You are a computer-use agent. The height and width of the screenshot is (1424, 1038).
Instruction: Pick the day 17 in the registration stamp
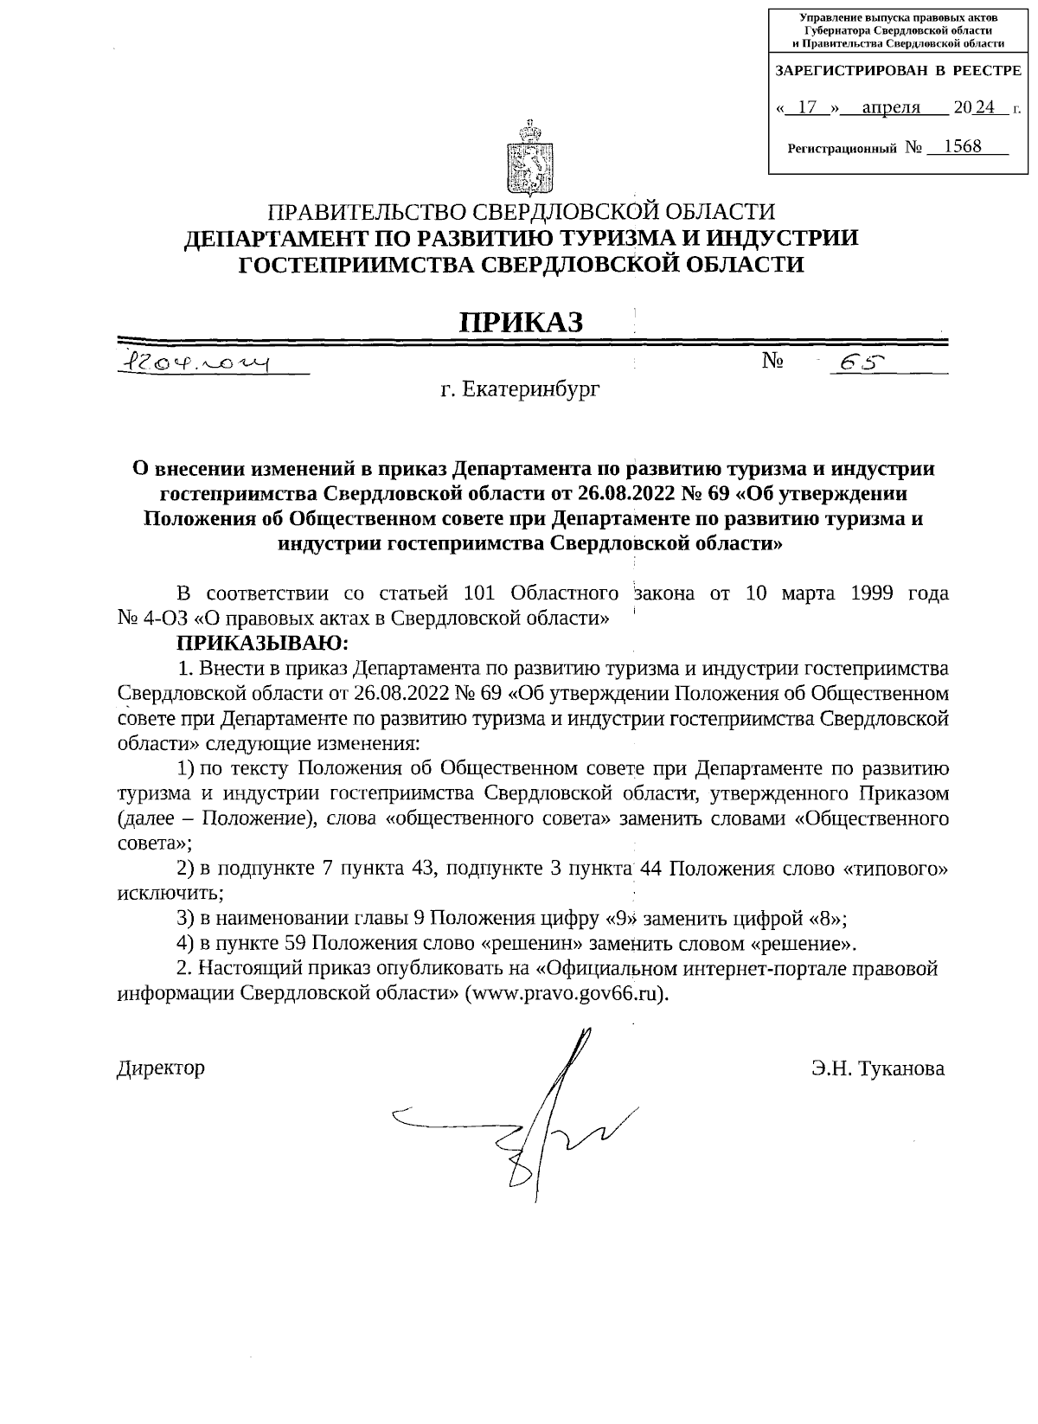(807, 108)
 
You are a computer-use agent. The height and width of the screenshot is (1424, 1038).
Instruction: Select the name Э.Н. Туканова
(878, 1068)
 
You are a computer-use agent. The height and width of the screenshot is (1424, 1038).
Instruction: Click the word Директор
(161, 1068)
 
